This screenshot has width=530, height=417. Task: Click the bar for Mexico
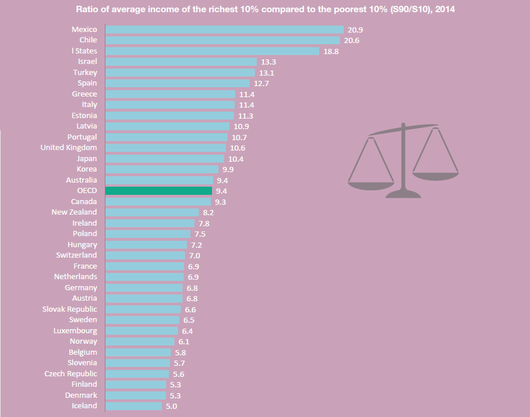tap(224, 30)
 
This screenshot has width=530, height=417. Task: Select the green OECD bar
tap(158, 191)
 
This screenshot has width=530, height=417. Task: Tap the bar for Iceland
tap(133, 406)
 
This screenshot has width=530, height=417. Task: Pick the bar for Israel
tap(181, 62)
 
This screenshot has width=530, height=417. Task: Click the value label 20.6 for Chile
tap(351, 41)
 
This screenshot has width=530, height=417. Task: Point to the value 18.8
tap(331, 51)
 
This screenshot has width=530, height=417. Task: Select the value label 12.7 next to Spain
tap(262, 83)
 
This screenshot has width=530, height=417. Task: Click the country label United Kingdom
tap(69, 148)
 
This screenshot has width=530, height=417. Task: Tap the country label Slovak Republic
tap(70, 309)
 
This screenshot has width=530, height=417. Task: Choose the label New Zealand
tap(75, 212)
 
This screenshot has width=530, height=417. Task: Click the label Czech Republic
tap(71, 373)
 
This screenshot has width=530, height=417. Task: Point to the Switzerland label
tap(77, 255)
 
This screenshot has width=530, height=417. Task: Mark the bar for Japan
tap(164, 159)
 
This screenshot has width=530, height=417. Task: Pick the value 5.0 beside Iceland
tap(171, 407)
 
